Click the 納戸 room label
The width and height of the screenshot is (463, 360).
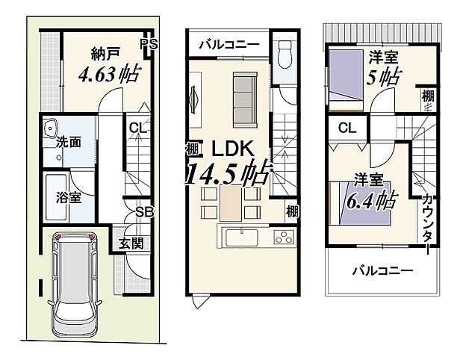point(107,54)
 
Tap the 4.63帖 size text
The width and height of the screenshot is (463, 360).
point(110,75)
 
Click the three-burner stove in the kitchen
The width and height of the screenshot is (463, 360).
point(284,238)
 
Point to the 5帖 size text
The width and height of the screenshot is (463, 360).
point(383,75)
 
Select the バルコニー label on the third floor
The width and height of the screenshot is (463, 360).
point(382,271)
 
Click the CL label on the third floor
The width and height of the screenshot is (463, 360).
point(347,128)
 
